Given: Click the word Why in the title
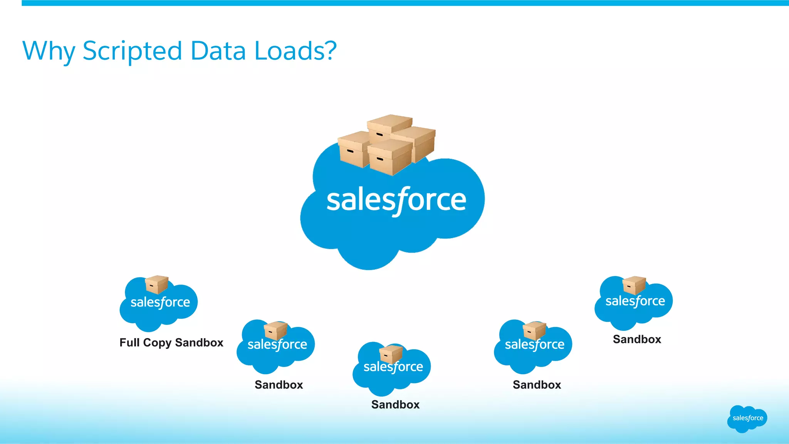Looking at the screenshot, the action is click(x=49, y=51).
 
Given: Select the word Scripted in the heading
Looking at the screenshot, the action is click(x=132, y=51).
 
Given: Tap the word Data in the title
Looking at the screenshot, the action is click(x=218, y=50).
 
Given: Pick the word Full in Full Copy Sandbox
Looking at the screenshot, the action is click(x=129, y=342).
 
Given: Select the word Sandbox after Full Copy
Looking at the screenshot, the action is click(x=199, y=342).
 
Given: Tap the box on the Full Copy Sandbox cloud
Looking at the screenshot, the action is click(x=156, y=285).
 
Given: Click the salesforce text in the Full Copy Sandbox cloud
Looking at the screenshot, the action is click(x=160, y=302).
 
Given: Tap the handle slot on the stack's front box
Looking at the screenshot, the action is click(x=379, y=159).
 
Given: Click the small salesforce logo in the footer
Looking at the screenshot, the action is click(x=747, y=419).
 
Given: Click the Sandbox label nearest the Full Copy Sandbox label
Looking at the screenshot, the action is click(x=279, y=385).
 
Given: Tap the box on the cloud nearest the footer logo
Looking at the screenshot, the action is click(x=634, y=285).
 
